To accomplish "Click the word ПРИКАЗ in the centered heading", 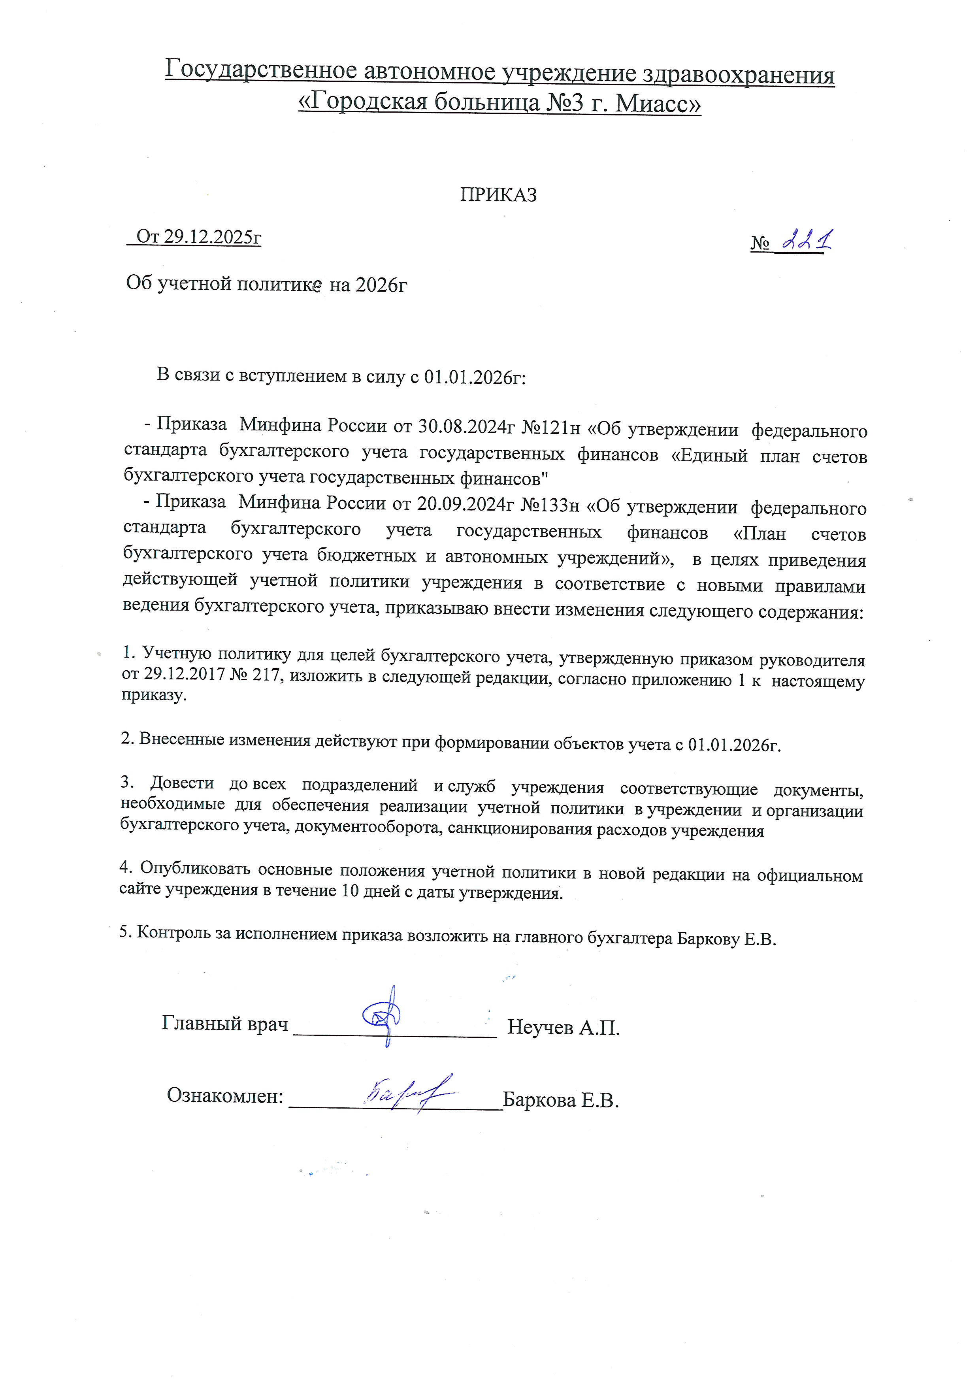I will [x=498, y=195].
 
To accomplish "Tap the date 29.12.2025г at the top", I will [x=213, y=237].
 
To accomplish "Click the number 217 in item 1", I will [x=266, y=675].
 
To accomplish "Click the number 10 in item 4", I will [x=351, y=891].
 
